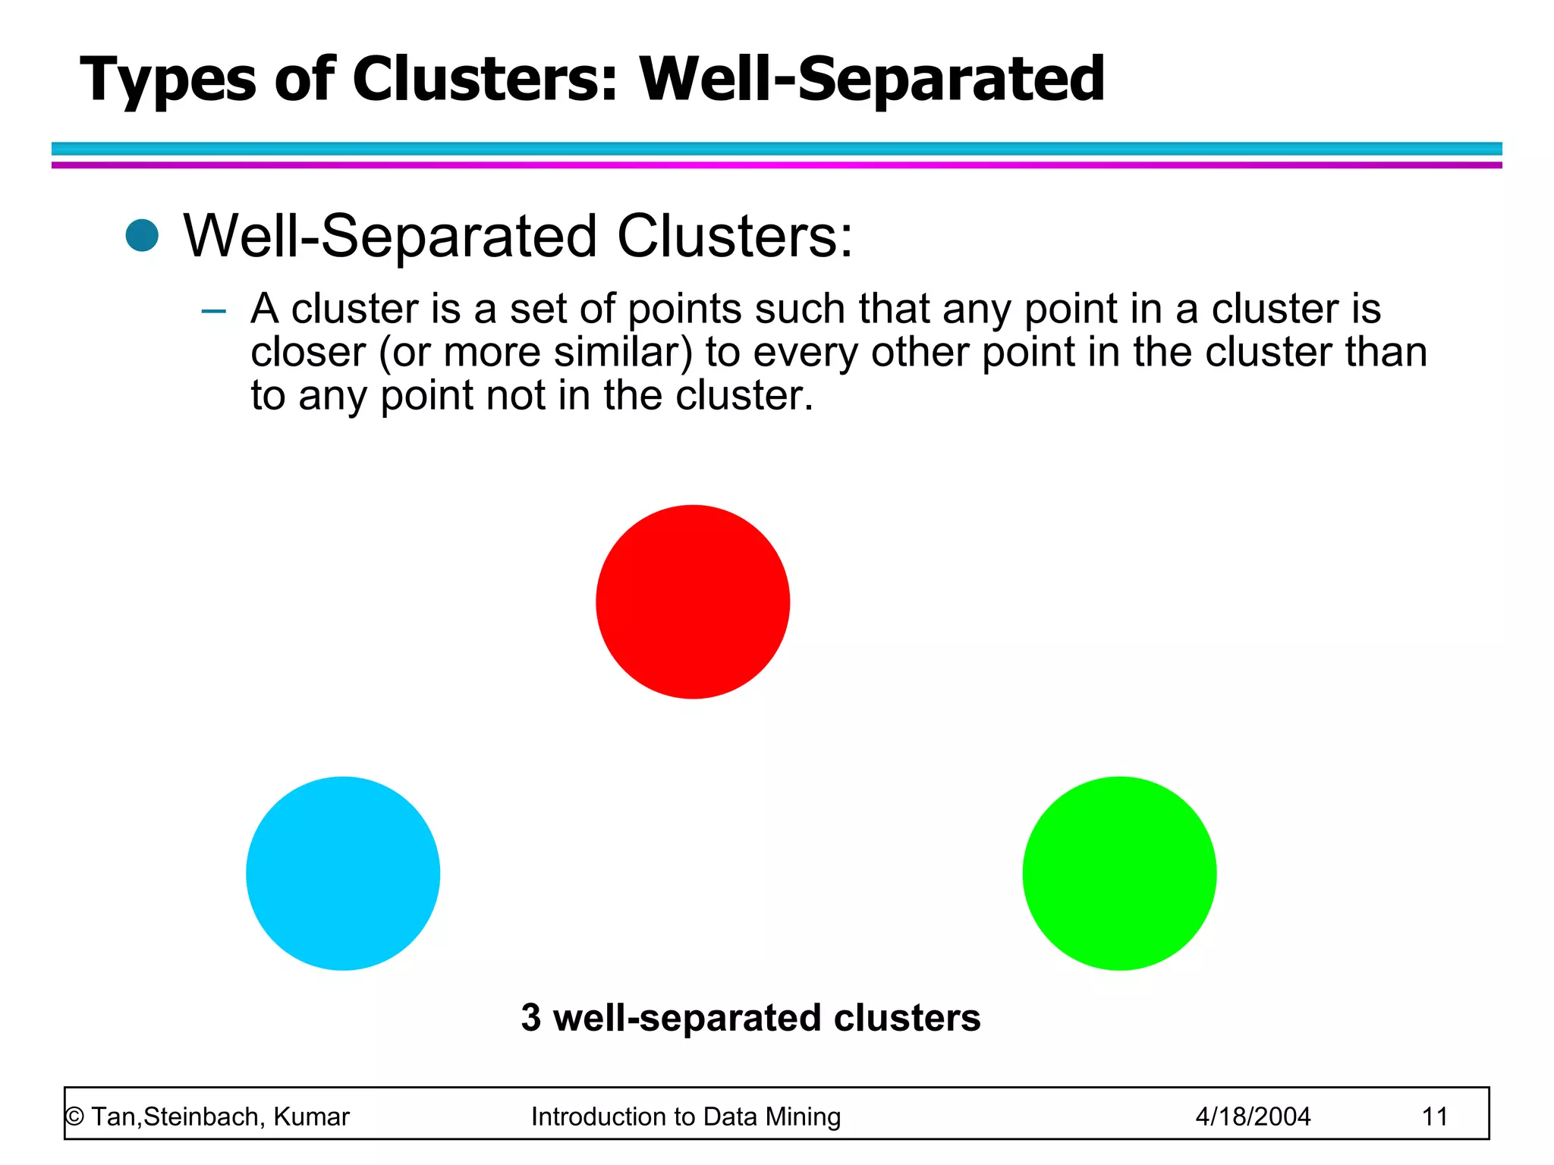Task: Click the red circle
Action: coord(693,601)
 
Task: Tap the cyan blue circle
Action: coord(343,873)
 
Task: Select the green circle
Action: coord(1119,873)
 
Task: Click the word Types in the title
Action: coord(168,80)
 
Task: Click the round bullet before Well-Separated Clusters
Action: coord(142,235)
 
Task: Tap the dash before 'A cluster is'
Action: coord(214,311)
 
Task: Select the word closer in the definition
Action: coord(308,353)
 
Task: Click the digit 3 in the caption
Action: coord(531,1017)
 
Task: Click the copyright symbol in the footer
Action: coord(74,1116)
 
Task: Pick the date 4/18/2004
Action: coord(1253,1116)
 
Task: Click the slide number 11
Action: coord(1434,1116)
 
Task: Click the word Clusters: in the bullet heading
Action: coord(735,236)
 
